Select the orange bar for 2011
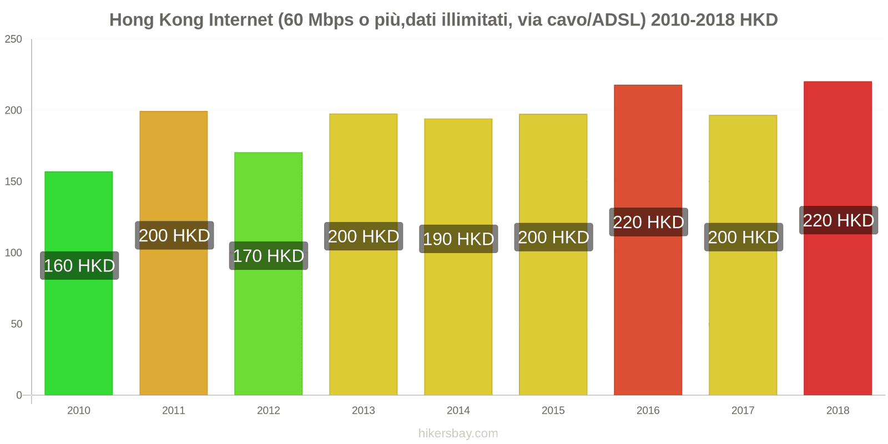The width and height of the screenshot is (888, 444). click(173, 311)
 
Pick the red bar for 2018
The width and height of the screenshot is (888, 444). click(837, 311)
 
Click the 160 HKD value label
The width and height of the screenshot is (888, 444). click(79, 266)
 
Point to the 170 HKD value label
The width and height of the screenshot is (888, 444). click(269, 256)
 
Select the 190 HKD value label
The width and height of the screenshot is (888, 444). click(458, 239)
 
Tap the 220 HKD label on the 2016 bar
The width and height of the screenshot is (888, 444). click(648, 223)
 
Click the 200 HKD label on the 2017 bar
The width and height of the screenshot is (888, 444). click(743, 238)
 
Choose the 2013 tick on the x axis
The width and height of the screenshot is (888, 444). click(364, 411)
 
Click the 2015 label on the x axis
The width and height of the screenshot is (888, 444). click(553, 411)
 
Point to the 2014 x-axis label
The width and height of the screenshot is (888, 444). click(458, 411)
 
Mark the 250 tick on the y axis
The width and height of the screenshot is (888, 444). click(13, 39)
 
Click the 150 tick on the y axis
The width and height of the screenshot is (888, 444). click(13, 182)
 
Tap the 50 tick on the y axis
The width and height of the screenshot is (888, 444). click(17, 324)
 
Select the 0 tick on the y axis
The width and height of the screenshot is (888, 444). click(19, 395)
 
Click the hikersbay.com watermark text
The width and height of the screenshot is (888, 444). click(458, 433)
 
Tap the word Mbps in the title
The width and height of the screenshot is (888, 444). click(331, 20)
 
